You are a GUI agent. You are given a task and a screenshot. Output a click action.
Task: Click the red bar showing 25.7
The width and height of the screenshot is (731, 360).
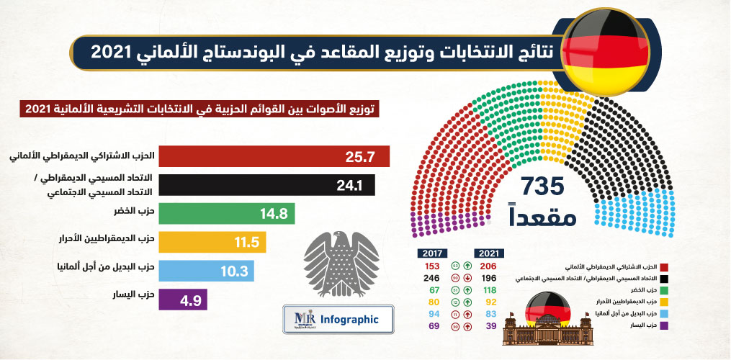(x=274, y=157)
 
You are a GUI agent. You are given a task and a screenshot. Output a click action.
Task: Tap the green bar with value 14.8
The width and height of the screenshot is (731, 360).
(x=226, y=214)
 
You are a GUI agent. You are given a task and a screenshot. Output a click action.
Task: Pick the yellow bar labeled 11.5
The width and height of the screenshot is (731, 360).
(x=212, y=242)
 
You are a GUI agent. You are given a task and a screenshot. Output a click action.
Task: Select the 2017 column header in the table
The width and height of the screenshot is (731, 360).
(x=433, y=253)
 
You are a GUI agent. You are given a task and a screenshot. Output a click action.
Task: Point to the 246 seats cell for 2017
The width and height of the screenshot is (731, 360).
(x=432, y=278)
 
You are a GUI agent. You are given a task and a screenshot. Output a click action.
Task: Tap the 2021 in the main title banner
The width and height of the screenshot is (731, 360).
(x=109, y=52)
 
